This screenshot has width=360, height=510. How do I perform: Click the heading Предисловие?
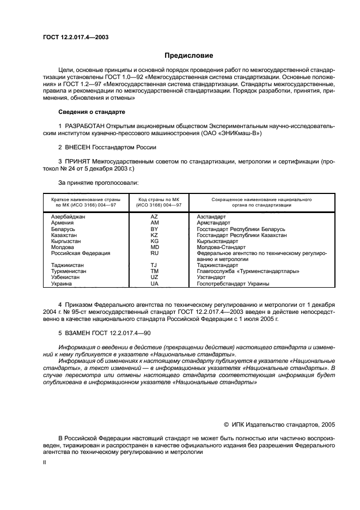tap(188, 56)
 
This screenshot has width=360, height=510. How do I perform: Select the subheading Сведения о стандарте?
tap(91, 112)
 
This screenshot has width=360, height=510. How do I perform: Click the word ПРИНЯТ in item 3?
tap(79, 161)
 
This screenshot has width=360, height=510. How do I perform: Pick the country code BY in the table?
tap(154, 229)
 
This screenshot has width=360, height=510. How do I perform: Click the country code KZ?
tap(154, 235)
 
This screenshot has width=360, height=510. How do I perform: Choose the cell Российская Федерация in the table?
tap(81, 253)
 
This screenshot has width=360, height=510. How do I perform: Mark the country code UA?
tap(154, 283)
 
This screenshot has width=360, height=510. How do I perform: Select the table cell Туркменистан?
tap(68, 271)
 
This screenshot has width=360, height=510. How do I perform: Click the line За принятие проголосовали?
tap(98, 183)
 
